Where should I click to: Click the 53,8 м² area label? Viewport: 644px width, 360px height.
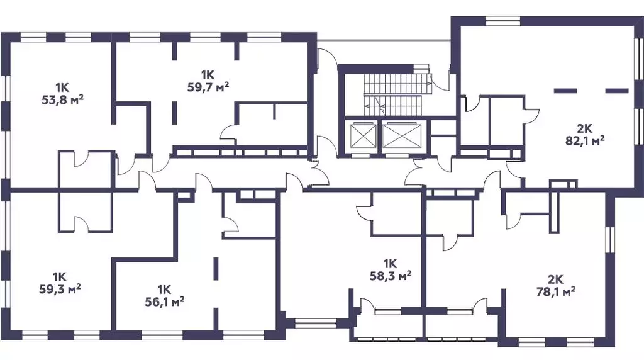(x=63, y=100)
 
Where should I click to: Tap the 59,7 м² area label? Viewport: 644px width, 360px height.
(x=208, y=87)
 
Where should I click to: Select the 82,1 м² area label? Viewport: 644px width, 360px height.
(x=585, y=141)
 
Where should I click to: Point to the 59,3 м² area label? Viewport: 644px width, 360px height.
(x=60, y=289)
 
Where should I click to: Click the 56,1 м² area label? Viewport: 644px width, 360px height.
(x=164, y=302)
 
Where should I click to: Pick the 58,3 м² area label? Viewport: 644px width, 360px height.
(x=391, y=276)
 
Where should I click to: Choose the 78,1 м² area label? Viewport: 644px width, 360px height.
(x=556, y=292)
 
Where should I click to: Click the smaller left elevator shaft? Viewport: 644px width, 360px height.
(x=362, y=135)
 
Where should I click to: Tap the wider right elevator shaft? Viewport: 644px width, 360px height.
(x=402, y=135)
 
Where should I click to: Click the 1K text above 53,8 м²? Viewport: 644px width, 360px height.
(x=62, y=87)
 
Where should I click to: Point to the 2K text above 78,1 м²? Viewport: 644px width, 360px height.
(x=556, y=280)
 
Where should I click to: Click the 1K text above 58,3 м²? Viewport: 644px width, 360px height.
(x=390, y=263)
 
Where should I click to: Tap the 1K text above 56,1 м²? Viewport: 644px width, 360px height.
(x=164, y=290)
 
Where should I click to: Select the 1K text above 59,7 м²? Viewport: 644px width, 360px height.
(x=208, y=75)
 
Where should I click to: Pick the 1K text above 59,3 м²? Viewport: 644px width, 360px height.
(x=60, y=276)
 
